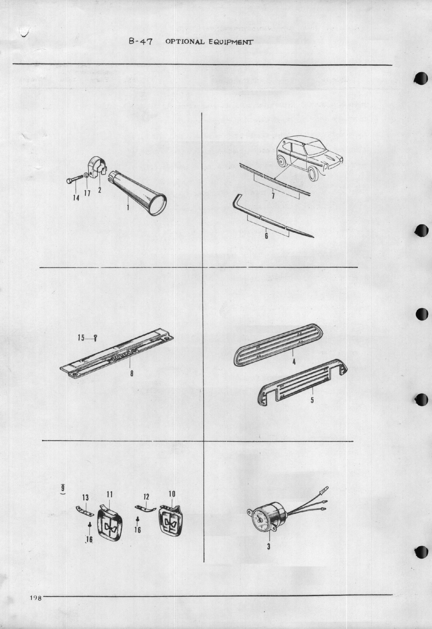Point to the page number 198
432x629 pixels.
pyautogui.click(x=35, y=598)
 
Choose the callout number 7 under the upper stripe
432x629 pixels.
pyautogui.click(x=273, y=196)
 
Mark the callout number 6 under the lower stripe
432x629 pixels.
pyautogui.click(x=266, y=236)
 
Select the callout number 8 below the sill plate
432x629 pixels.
pyautogui.click(x=132, y=374)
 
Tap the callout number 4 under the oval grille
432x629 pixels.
pyautogui.click(x=294, y=362)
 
